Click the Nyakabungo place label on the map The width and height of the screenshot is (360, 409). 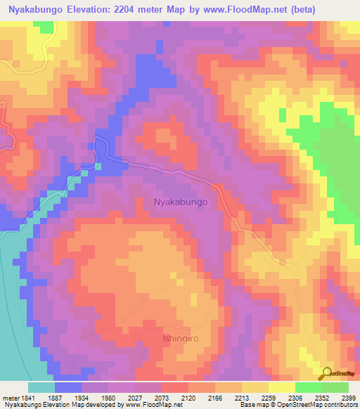(181, 202)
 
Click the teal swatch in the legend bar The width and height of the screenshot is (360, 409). (41, 387)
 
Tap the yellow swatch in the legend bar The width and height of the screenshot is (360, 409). (281, 387)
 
